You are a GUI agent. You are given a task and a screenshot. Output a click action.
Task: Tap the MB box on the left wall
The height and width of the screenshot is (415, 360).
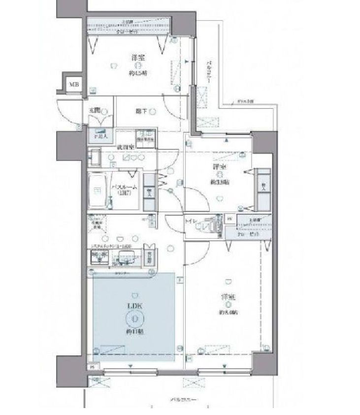[73, 84]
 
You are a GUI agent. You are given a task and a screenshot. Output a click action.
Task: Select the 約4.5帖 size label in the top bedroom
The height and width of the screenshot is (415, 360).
[138, 73]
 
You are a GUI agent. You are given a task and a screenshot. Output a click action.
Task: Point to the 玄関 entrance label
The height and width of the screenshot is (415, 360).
[95, 110]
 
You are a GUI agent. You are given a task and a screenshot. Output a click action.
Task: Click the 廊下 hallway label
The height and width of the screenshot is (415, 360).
[141, 111]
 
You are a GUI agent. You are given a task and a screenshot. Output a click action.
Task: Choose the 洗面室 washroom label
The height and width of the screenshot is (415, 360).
[124, 147]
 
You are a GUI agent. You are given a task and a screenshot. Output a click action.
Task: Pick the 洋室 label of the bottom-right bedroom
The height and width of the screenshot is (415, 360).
[227, 297]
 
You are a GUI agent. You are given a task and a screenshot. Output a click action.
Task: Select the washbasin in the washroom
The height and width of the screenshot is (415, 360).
[94, 157]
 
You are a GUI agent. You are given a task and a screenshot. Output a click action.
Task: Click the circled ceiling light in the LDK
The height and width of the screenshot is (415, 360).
[134, 319]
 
